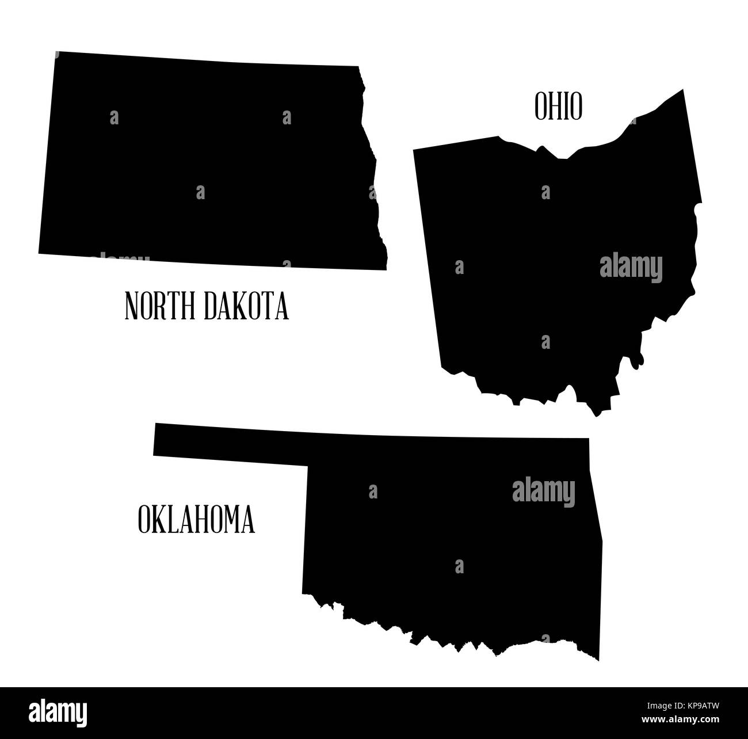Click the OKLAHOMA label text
pos(196,520)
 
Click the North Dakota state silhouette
pos(207,161)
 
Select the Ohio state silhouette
pos(552,259)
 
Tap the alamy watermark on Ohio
pos(631,268)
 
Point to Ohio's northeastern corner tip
pos(682,90)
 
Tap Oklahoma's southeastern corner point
pos(598,660)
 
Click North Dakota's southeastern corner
pos(386,269)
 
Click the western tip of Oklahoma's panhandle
pos(155,439)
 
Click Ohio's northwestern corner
pos(414,150)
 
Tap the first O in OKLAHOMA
pos(144,520)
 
